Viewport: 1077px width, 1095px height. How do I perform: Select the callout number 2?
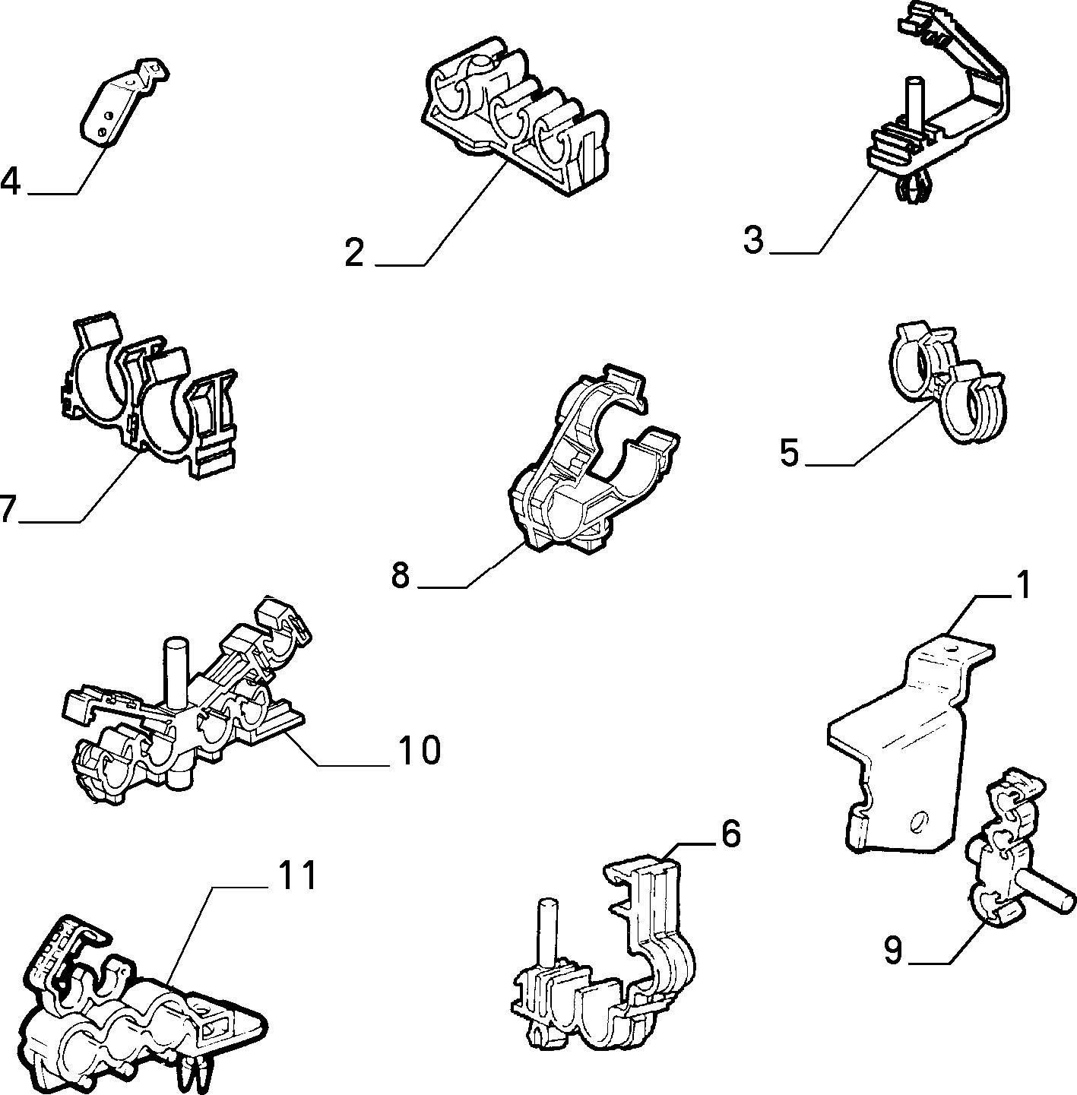pyautogui.click(x=354, y=253)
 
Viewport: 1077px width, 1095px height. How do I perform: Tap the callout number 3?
pyautogui.click(x=754, y=240)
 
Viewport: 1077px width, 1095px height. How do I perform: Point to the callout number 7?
pyautogui.click(x=5, y=508)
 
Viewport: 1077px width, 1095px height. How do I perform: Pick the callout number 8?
pyautogui.click(x=401, y=574)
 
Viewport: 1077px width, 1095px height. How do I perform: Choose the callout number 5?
pyautogui.click(x=789, y=453)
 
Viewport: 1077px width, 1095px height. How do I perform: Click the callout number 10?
pyautogui.click(x=419, y=750)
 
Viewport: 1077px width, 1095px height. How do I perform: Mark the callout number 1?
pyautogui.click(x=1023, y=586)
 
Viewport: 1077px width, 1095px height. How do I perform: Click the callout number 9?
pyautogui.click(x=893, y=950)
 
